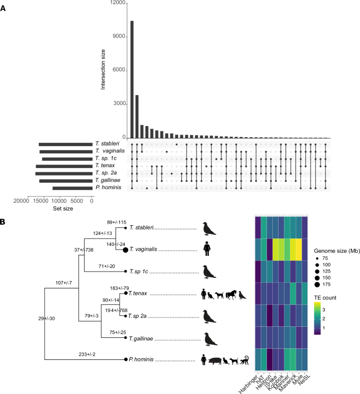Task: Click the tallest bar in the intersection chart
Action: click(x=132, y=79)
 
